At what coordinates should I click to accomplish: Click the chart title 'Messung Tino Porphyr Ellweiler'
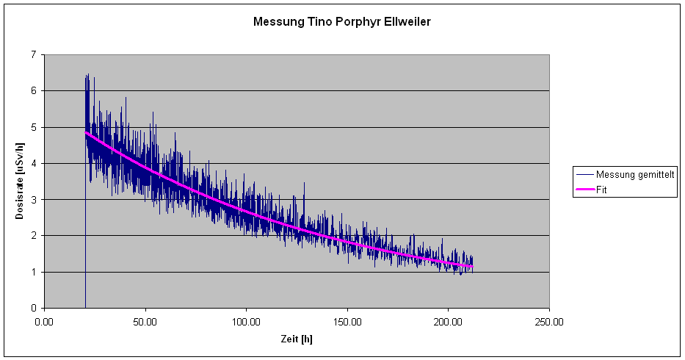tap(341, 22)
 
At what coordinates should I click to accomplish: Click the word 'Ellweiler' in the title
tap(406, 22)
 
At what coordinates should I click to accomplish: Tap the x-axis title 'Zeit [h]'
tap(297, 339)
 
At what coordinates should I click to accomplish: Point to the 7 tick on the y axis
tap(33, 55)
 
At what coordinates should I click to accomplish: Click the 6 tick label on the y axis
tap(33, 91)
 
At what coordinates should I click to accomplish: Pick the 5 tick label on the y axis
tap(33, 127)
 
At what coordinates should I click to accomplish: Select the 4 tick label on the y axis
tap(33, 164)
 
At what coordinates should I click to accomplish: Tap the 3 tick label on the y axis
tap(33, 200)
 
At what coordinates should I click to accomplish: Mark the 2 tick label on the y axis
tap(33, 236)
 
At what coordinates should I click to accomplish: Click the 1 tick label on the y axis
tap(33, 273)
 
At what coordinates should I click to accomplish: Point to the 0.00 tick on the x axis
tap(45, 322)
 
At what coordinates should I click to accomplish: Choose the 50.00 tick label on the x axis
tap(145, 322)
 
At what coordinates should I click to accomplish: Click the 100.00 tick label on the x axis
tap(246, 322)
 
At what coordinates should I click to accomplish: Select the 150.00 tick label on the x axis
tap(347, 322)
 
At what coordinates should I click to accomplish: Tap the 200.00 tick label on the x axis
tap(448, 322)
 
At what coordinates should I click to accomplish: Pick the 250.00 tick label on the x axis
tap(549, 322)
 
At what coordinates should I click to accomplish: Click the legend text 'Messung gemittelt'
tap(635, 175)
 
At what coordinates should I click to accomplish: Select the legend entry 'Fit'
tap(602, 189)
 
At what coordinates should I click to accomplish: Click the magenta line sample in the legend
tap(585, 189)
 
